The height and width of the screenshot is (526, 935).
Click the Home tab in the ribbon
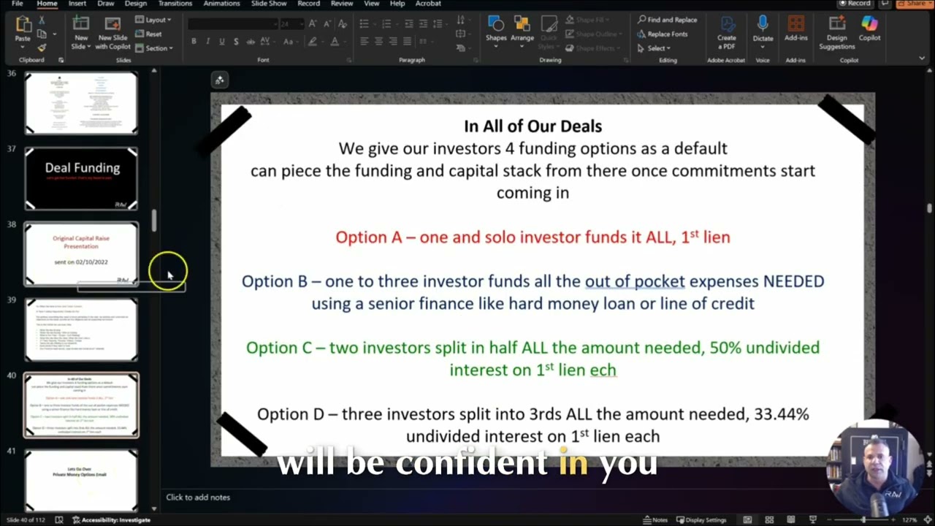[x=47, y=4]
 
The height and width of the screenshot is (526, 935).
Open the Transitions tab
[x=175, y=4]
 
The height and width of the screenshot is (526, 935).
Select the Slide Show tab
[x=269, y=4]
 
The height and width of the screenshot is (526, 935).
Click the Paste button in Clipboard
[x=23, y=29]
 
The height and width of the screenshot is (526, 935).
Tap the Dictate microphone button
[x=763, y=29]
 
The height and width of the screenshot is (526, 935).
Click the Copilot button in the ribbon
[x=869, y=29]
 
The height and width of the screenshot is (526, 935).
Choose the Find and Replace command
[x=667, y=20]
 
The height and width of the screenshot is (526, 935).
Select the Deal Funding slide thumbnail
[x=81, y=178]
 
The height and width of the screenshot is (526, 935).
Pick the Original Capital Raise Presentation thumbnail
[x=81, y=254]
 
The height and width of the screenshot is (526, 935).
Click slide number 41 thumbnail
[x=81, y=479]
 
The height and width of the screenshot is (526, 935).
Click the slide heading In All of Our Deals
[x=533, y=126]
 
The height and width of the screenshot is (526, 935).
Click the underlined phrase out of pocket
[x=635, y=281]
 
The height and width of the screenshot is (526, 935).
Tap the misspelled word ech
[x=603, y=370]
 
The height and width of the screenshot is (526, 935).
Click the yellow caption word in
[x=573, y=462]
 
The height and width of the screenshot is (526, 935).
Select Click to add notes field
[x=198, y=498]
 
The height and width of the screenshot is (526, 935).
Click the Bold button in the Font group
[x=194, y=42]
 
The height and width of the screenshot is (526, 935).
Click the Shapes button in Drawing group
[x=496, y=29]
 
